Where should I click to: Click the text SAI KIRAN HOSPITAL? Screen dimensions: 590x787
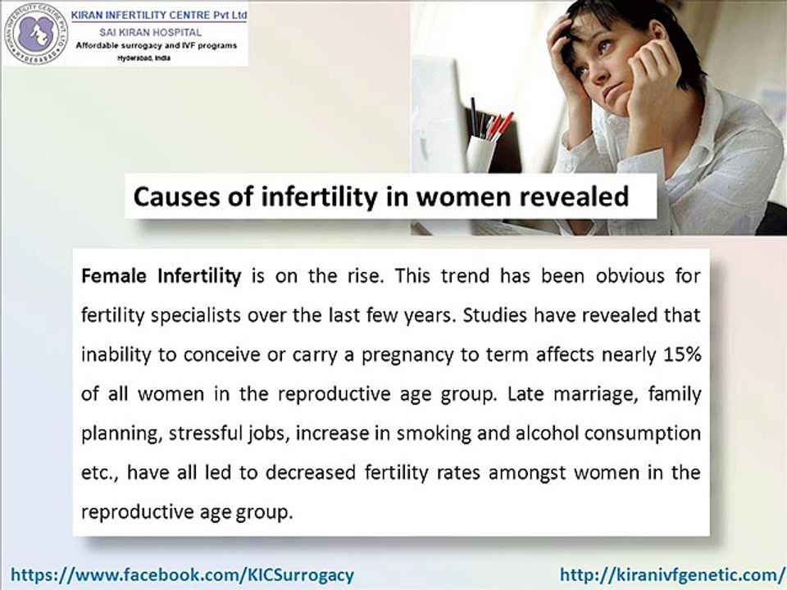[156, 30]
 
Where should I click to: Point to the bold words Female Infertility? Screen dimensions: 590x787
[161, 276]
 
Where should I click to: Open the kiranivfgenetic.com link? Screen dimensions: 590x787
[672, 574]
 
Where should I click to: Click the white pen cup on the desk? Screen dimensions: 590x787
[480, 154]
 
